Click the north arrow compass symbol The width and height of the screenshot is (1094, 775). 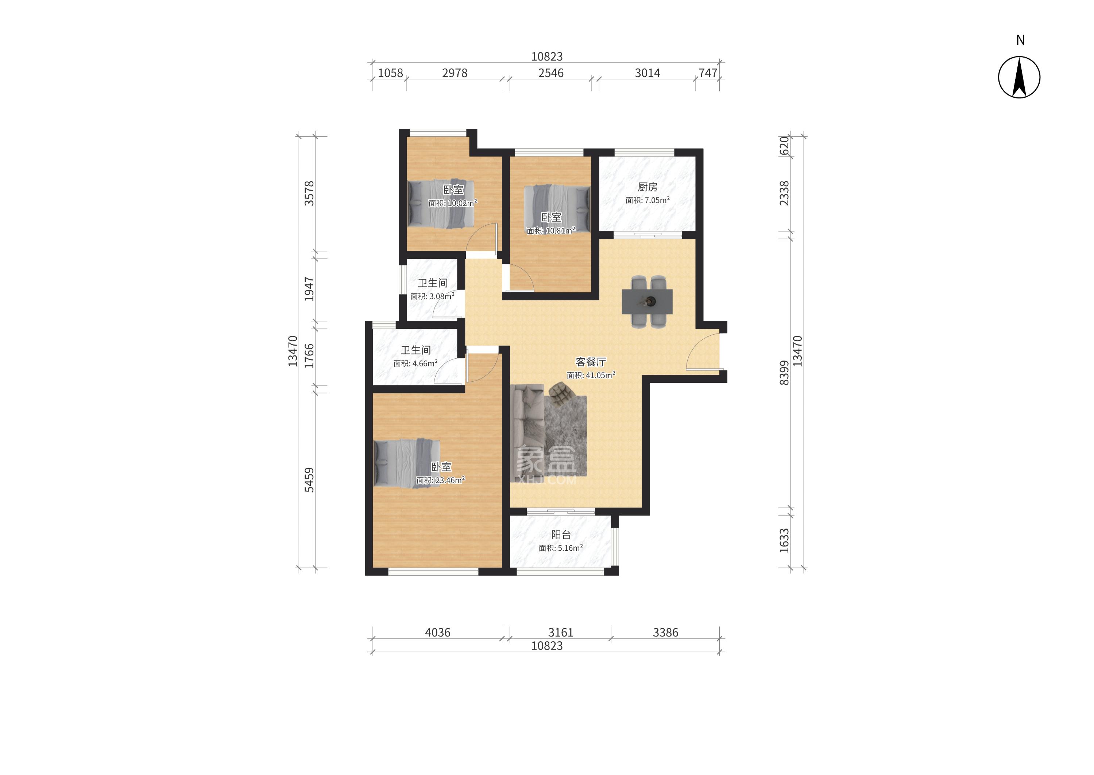tap(1019, 77)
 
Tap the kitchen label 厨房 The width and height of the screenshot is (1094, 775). tap(647, 187)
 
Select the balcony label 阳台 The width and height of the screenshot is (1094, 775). tap(561, 535)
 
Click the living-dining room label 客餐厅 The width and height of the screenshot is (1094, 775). tap(591, 362)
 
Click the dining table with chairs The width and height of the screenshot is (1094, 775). tap(647, 301)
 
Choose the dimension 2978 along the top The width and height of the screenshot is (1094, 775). tap(455, 73)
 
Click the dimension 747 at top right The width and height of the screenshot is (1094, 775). tap(708, 73)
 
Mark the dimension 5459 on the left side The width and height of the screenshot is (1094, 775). tap(309, 480)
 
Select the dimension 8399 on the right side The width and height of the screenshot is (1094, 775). tap(784, 373)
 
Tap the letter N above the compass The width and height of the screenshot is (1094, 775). tap(1020, 40)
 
